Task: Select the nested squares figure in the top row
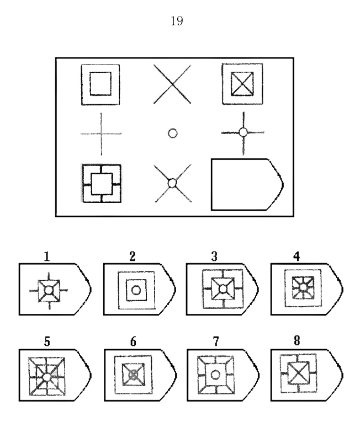click(x=100, y=84)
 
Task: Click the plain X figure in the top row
click(x=172, y=84)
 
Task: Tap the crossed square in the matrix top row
click(x=242, y=84)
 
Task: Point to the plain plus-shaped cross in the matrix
click(x=100, y=133)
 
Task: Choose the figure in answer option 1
click(x=49, y=290)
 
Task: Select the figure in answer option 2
click(x=134, y=289)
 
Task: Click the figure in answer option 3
click(x=222, y=289)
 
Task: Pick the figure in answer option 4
click(x=303, y=289)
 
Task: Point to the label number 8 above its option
click(x=298, y=342)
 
